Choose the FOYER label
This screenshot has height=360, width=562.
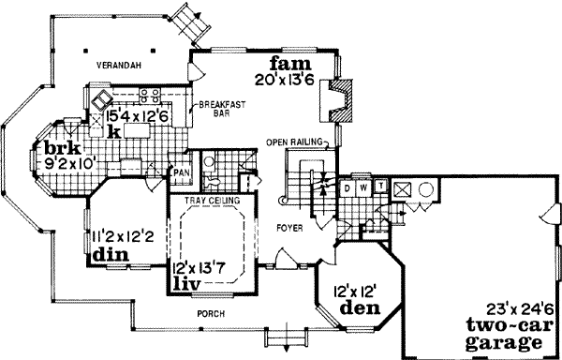click(287, 226)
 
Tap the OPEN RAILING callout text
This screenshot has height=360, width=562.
click(293, 142)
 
